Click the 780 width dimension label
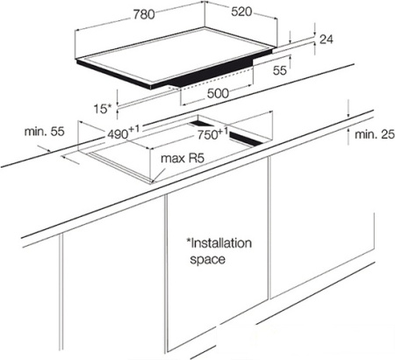(144, 14)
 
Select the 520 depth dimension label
(241, 11)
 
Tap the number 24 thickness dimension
(327, 40)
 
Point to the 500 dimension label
(218, 93)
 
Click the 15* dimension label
(103, 109)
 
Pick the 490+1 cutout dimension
(123, 133)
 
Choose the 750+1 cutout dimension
(212, 133)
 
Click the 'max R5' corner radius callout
(182, 158)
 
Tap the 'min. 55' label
(44, 132)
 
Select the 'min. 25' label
(375, 134)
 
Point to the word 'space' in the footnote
(208, 260)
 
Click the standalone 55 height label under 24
(280, 70)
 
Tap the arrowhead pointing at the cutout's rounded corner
(154, 180)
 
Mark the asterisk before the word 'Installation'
(189, 241)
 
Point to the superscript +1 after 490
(134, 128)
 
